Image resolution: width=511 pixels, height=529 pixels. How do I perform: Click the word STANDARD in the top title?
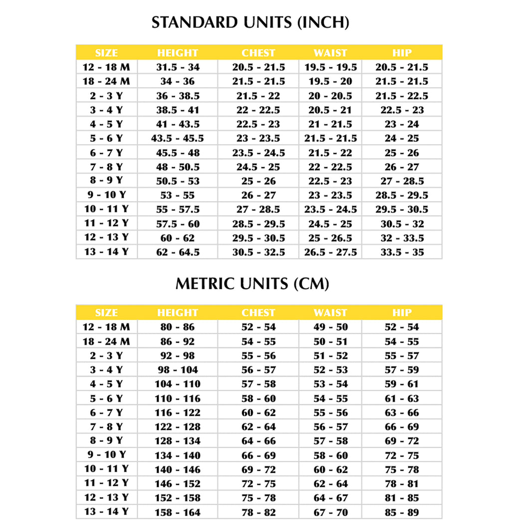point(194,23)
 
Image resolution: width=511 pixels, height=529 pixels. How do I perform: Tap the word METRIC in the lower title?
point(206,284)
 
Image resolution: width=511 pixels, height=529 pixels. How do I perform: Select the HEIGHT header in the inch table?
point(177,53)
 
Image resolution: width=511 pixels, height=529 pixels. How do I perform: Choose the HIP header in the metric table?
point(402,313)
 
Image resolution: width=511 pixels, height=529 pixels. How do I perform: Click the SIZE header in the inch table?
point(106,53)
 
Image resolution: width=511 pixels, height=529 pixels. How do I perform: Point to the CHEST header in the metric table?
point(258,313)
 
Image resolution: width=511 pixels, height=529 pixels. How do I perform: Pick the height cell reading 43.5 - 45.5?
point(177,138)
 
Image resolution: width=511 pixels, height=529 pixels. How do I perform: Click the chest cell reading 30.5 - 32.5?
point(258,253)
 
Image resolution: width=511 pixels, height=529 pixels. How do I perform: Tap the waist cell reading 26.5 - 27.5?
point(330,253)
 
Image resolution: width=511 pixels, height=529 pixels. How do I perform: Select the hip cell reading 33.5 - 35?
point(402,253)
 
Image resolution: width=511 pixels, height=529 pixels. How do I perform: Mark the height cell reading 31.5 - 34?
point(177,67)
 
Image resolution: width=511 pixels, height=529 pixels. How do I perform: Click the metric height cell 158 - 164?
point(177,513)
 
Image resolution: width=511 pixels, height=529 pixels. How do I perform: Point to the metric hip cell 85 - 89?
point(402,513)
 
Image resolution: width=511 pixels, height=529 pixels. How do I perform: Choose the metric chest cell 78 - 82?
point(258,513)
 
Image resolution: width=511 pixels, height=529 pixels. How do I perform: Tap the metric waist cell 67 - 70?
point(330,513)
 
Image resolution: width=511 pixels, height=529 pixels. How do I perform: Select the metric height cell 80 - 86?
point(177,327)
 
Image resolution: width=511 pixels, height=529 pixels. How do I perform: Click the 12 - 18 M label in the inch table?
point(106,67)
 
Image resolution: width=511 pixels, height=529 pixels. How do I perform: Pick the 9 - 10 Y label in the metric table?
point(106,455)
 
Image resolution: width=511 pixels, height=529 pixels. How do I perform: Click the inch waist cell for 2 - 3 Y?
point(330,96)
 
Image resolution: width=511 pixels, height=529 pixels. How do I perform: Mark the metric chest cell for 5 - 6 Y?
point(258,399)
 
